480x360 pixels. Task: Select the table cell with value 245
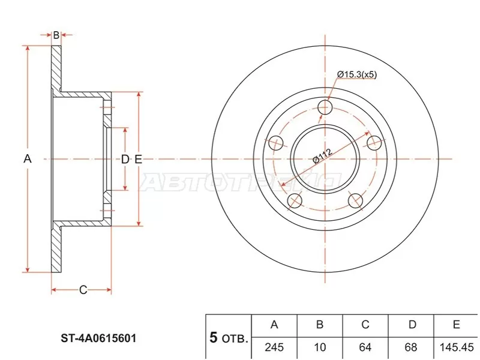click(274, 347)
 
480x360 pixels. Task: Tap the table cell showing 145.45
click(456, 347)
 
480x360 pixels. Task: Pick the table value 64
click(365, 347)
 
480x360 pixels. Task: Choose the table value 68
click(412, 347)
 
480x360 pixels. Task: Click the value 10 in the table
click(320, 347)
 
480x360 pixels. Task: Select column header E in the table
click(456, 325)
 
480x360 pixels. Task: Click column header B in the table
click(320, 325)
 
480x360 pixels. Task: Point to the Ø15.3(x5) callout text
click(356, 74)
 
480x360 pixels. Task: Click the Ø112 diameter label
click(322, 158)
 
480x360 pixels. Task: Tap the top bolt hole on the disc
click(325, 107)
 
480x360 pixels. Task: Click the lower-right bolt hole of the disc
click(356, 200)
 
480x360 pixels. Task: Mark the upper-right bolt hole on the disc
click(374, 143)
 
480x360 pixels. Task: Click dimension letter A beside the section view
click(27, 159)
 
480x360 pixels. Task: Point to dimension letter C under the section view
click(83, 290)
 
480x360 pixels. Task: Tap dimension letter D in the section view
click(125, 159)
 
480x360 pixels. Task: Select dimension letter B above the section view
click(56, 35)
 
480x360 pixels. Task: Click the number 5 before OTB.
click(213, 338)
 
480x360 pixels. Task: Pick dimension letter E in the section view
click(138, 159)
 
